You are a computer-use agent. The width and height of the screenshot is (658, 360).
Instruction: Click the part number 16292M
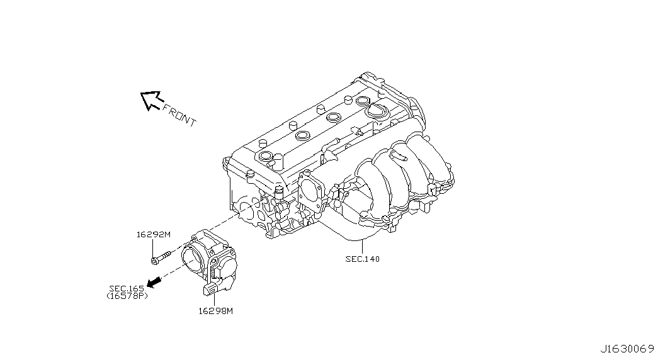[154, 235]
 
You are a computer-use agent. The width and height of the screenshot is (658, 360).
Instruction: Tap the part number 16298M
[216, 312]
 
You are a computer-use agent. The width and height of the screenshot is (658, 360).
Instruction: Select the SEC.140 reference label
[363, 259]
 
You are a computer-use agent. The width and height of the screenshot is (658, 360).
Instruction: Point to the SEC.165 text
[127, 289]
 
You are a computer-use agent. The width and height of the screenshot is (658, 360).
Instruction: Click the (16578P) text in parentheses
[127, 296]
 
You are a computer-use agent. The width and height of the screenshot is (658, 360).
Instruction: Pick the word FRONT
[179, 115]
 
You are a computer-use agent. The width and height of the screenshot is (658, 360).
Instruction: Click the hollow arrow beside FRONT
[150, 100]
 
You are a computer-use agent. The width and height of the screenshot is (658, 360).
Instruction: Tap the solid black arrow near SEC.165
[154, 283]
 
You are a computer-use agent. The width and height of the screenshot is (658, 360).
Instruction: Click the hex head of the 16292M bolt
[154, 261]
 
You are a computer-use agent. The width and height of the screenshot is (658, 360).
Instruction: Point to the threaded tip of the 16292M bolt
[168, 254]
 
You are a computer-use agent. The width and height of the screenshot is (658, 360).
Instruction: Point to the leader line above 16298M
[214, 300]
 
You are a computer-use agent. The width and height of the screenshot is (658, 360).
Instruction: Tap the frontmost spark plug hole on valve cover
[266, 157]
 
